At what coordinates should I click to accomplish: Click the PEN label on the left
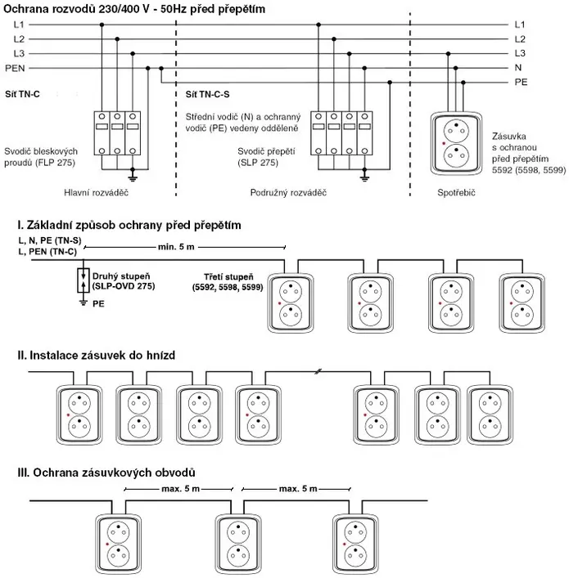(x=14, y=67)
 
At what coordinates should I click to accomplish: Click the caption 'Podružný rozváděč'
(x=288, y=193)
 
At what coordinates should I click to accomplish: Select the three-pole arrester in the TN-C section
(x=116, y=132)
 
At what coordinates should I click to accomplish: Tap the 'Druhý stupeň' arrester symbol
(x=82, y=280)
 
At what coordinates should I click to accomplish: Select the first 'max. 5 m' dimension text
(x=174, y=489)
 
